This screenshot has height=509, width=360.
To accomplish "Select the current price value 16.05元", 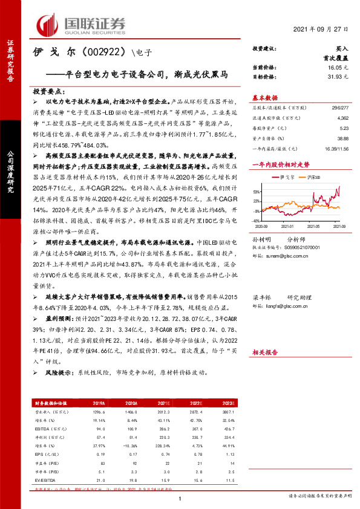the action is point(336,70).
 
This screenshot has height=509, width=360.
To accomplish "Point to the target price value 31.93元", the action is point(336,77).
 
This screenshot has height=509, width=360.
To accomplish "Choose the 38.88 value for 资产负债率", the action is point(342,138).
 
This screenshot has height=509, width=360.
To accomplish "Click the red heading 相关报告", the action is point(264,351).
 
